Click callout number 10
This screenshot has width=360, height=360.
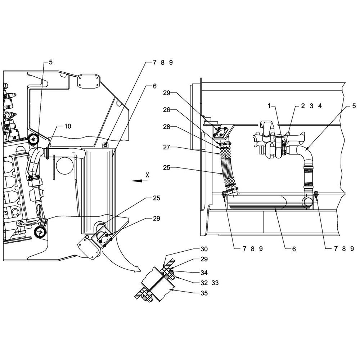tap(67, 126)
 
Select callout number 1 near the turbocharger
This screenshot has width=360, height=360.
tap(269, 106)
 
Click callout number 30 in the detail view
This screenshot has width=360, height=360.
tap(204, 249)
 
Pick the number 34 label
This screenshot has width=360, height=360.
tap(204, 273)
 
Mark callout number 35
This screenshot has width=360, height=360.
tap(204, 293)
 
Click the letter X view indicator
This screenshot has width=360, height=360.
tap(147, 175)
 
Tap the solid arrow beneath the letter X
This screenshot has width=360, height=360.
tap(140, 181)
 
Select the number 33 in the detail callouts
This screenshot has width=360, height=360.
tap(215, 283)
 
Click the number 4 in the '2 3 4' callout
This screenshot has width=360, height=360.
tap(320, 106)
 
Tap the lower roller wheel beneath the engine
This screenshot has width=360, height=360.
tap(40, 232)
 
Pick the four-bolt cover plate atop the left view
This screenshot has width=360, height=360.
tap(89, 81)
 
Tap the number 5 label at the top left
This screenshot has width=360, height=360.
tap(50, 62)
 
